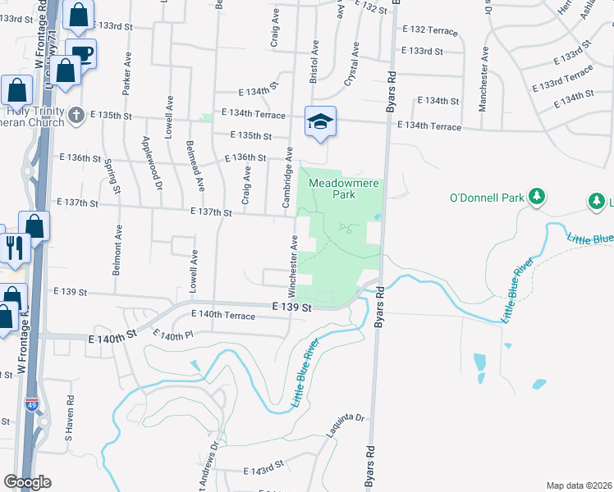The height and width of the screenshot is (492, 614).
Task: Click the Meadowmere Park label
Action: pos(343,189)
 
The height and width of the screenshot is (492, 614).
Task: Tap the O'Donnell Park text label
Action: pos(487,197)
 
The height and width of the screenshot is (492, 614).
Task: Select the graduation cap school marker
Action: pos(320,121)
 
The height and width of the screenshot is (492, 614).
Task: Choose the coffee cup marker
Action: pos(80,55)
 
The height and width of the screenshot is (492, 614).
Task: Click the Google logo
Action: pos(27,482)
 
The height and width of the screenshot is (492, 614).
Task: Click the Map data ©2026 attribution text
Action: pos(579,485)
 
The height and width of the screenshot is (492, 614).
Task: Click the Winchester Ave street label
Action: pos(291,265)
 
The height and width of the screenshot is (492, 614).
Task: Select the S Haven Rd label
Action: pos(69,419)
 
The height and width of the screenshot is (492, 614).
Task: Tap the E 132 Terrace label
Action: pos(429,30)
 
